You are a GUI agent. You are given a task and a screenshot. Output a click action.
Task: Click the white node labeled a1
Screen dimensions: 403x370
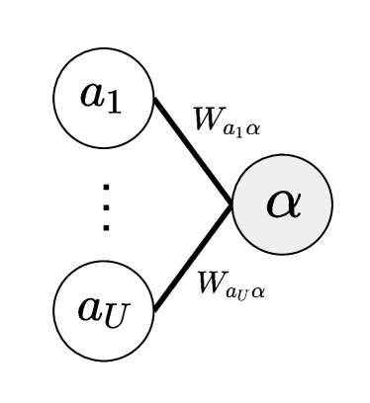(x=103, y=98)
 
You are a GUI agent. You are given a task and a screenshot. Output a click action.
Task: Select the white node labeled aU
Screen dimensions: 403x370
(x=103, y=310)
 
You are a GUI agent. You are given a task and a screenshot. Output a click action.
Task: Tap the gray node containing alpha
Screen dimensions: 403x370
(x=282, y=204)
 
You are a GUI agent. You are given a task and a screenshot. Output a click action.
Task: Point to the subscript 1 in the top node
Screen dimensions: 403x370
(x=115, y=103)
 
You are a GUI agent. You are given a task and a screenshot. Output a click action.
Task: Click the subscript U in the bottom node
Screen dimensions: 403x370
(x=117, y=316)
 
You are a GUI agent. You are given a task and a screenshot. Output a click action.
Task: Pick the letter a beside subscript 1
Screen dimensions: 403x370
(x=94, y=95)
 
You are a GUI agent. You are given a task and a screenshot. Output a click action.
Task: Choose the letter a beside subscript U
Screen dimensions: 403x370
(x=91, y=308)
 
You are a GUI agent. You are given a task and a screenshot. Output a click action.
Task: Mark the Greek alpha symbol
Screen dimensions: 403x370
(x=283, y=204)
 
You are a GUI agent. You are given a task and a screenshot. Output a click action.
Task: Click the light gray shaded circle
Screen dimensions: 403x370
(x=282, y=204)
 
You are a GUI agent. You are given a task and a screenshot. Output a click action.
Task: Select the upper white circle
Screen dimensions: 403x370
(x=103, y=98)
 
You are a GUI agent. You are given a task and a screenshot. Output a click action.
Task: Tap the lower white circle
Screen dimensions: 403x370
(x=103, y=310)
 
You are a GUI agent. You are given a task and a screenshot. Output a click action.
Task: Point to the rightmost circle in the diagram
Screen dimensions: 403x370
(x=282, y=204)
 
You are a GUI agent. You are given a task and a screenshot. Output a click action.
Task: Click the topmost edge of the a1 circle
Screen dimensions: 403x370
(x=103, y=50)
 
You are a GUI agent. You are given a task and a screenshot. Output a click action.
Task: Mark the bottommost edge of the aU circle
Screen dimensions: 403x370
(x=103, y=359)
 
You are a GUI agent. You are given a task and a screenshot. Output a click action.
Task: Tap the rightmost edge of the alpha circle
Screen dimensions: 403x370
(x=329, y=204)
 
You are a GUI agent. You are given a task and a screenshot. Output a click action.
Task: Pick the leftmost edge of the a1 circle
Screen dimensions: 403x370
(x=55, y=98)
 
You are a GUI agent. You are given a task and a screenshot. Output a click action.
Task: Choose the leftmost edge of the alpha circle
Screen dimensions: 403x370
(x=234, y=204)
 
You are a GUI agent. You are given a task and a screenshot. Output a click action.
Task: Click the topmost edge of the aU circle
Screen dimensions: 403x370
(x=103, y=263)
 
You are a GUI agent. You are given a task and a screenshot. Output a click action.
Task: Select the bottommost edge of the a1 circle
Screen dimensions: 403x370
(x=103, y=146)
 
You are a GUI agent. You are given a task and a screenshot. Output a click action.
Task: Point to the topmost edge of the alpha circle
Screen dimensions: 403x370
(x=282, y=157)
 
